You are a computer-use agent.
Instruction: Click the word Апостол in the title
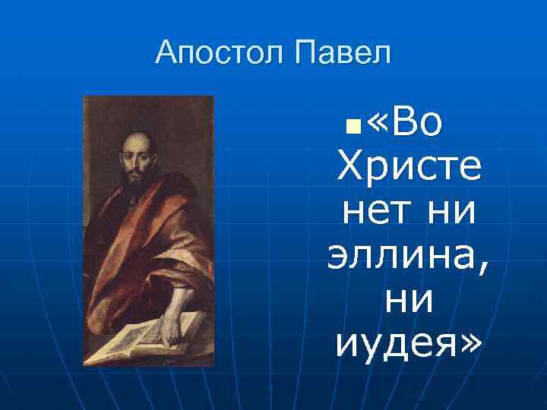[x=220, y=53]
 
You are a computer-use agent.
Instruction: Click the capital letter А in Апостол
[x=166, y=53]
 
